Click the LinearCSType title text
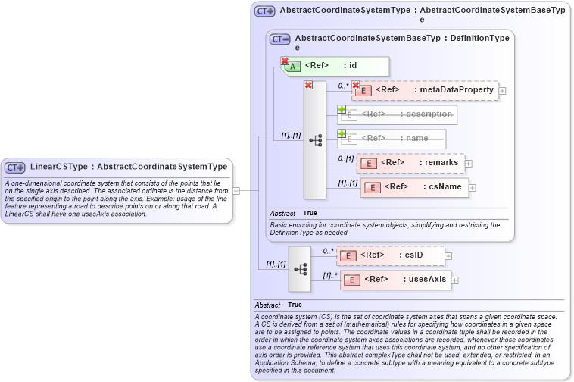tap(129, 167)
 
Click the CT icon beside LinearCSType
tap(15, 167)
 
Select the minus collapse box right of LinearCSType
tap(236, 190)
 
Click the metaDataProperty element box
tap(425, 90)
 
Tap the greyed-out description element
tap(398, 114)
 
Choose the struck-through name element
tap(392, 139)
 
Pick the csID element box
tap(391, 256)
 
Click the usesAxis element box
tap(396, 280)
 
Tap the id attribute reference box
tap(337, 66)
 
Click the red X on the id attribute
tap(285, 61)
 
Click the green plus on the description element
tap(342, 109)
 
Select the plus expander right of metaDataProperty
tap(502, 91)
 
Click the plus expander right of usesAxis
tap(455, 280)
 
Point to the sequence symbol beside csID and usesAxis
tap(300, 268)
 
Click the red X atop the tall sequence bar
tap(308, 86)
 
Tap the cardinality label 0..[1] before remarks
tap(346, 158)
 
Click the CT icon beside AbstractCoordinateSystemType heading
tap(264, 11)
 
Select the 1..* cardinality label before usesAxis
tap(329, 276)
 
